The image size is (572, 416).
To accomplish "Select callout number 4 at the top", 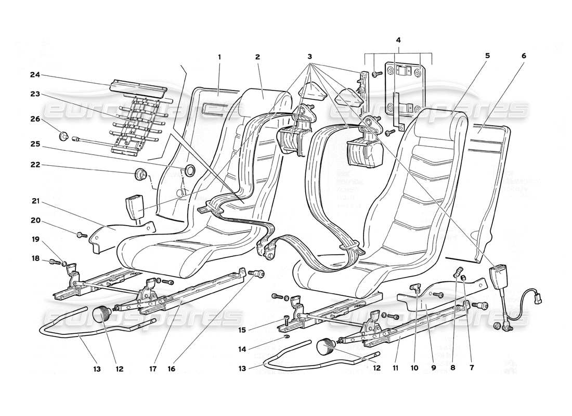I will (398, 40).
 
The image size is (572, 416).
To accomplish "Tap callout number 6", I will (524, 56).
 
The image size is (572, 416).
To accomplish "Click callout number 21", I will (35, 201).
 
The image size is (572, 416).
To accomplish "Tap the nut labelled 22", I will (140, 172).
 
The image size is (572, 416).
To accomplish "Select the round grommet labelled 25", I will (189, 170).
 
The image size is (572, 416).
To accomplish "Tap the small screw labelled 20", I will (81, 235).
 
